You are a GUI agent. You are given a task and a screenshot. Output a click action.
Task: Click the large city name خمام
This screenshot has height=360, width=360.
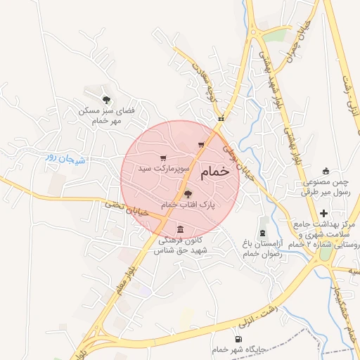[214, 173]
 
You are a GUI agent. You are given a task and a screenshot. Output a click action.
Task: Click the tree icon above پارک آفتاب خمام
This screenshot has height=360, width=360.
[187, 194]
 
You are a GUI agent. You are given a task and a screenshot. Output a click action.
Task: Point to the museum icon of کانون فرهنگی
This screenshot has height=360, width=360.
[181, 229]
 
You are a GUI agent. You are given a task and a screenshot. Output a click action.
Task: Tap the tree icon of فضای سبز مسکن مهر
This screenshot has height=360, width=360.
[106, 100]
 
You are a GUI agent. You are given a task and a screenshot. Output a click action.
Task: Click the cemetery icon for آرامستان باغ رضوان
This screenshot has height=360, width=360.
[263, 233]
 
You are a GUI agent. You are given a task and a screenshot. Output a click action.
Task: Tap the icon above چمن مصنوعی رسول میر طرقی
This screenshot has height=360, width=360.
[325, 171]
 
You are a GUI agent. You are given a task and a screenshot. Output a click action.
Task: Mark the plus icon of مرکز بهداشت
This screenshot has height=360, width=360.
[323, 213]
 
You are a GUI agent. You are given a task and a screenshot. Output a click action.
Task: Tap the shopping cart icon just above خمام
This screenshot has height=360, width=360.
[201, 145]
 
